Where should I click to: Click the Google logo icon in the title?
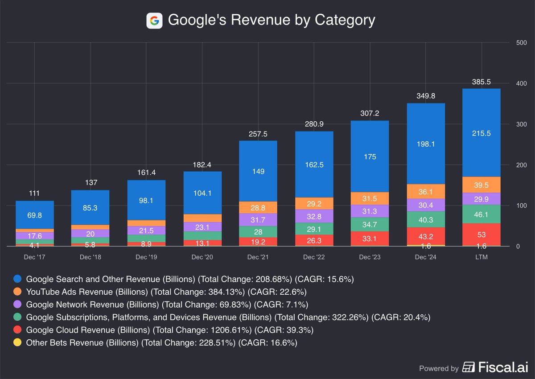[154, 21]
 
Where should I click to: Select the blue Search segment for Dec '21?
[258, 171]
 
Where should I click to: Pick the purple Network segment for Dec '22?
[314, 216]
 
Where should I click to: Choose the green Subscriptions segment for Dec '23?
[370, 224]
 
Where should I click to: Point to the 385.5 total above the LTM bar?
[481, 82]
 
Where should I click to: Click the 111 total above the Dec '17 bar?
[34, 193]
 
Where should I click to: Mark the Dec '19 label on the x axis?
[146, 257]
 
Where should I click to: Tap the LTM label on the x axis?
[481, 257]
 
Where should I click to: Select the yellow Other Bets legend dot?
[17, 343]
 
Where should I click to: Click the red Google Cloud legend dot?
[17, 330]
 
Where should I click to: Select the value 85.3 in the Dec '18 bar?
[90, 207]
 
